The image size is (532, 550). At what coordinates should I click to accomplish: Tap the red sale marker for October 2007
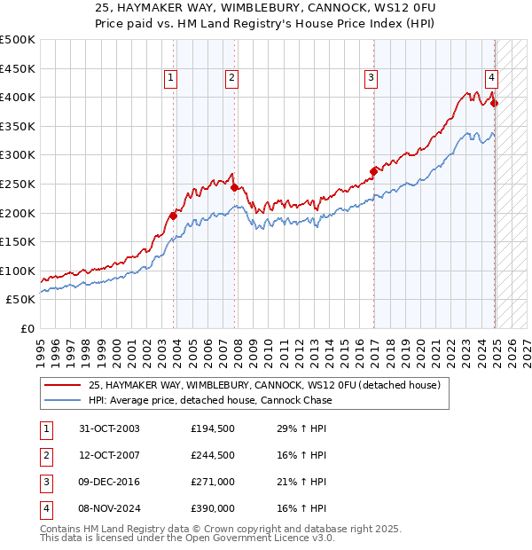pos(234,187)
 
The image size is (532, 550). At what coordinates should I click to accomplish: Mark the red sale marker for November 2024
pos(495,103)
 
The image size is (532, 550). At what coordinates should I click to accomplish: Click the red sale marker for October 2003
pos(174,216)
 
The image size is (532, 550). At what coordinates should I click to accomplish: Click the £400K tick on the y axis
pos(19,97)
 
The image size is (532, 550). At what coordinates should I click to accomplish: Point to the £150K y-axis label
pos(19,241)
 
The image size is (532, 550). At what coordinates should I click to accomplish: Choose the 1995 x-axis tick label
pos(41,348)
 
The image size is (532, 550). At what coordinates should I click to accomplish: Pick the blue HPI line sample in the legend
pos(62,400)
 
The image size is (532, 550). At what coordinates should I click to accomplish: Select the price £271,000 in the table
pos(213,482)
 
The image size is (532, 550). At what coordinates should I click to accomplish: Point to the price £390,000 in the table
pos(213,508)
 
